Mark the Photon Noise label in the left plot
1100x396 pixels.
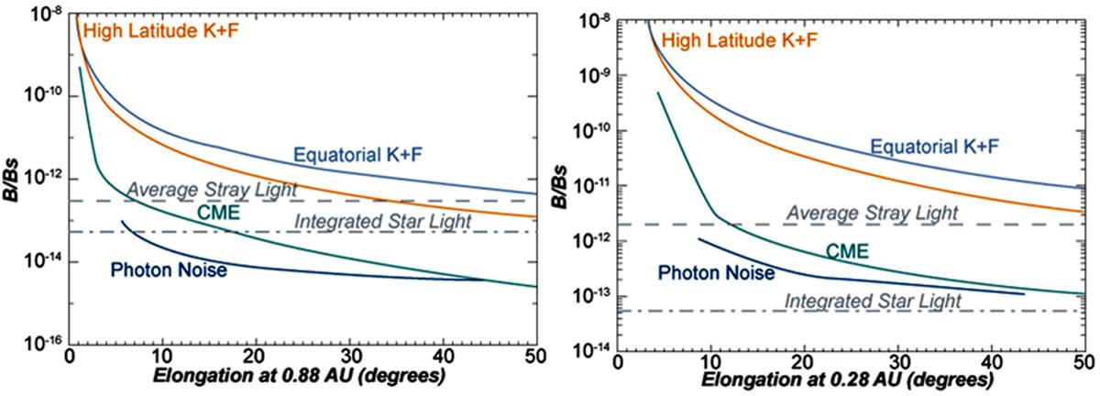point(156,270)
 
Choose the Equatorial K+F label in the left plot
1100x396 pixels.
point(357,154)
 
